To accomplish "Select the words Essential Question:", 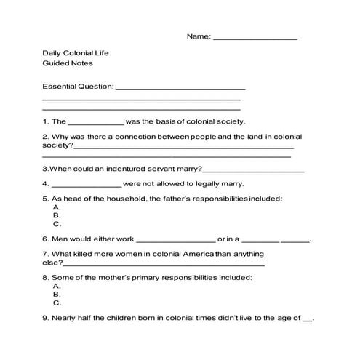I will pyautogui.click(x=79, y=87).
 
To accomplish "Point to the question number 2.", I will pyautogui.click(x=46, y=137).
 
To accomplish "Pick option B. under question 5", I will pyautogui.click(x=57, y=216).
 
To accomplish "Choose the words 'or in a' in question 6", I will pyautogui.click(x=228, y=239).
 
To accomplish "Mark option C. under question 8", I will pyautogui.click(x=57, y=303).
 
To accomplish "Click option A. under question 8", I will pyautogui.click(x=57, y=286).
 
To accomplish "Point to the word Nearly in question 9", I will pyautogui.click(x=68, y=319).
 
